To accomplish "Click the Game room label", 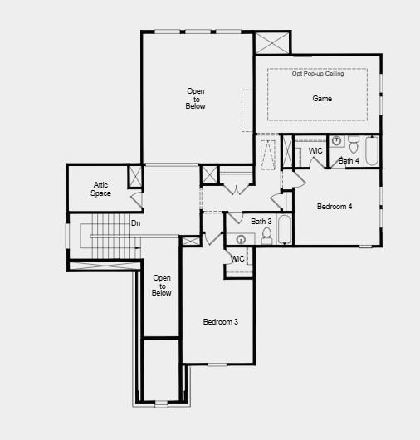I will tap(322, 99).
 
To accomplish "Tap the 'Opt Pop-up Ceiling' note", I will tap(318, 74).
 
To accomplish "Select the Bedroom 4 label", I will tap(335, 206).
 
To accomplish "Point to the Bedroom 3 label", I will tap(221, 321).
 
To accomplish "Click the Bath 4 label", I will tap(349, 160).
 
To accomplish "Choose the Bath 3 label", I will tap(261, 222).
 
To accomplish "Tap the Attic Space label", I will tap(101, 189).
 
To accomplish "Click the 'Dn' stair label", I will tap(136, 223).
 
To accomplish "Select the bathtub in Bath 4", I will tap(371, 150).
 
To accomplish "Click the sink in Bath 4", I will tap(336, 141).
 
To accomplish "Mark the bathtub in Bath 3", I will tap(284, 230).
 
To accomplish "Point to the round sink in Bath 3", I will tap(241, 239).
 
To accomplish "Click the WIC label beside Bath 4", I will tap(315, 151).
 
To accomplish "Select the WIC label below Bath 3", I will tap(237, 259).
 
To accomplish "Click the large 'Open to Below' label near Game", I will tap(196, 99).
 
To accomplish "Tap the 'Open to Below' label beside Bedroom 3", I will tap(162, 286).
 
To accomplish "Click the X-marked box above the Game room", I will tap(271, 43).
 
